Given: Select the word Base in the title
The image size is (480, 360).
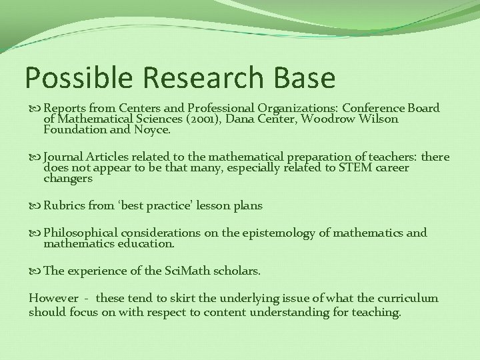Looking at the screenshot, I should (x=304, y=77).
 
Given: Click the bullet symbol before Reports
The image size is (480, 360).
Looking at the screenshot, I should (x=35, y=109).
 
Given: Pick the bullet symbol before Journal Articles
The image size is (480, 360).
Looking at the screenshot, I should (x=35, y=157).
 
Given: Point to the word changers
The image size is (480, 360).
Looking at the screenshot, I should (x=68, y=179).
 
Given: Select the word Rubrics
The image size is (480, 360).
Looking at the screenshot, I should (x=65, y=206).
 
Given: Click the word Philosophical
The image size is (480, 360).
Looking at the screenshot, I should (x=81, y=233).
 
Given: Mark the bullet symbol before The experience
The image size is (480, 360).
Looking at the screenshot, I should (x=35, y=271).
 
